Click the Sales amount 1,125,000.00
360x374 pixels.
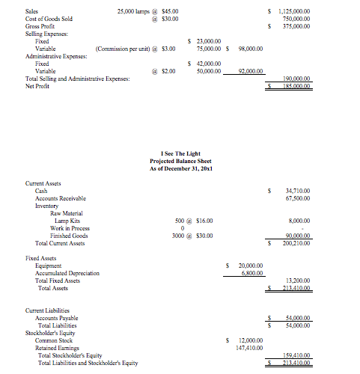(x=295, y=11)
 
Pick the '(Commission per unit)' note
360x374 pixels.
(x=123, y=49)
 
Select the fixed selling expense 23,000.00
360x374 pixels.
(x=207, y=41)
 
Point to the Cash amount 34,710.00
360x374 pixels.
(x=298, y=191)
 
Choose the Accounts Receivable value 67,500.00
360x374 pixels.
(x=298, y=198)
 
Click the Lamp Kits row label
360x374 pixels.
(x=68, y=221)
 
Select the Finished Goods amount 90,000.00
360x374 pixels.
(x=298, y=236)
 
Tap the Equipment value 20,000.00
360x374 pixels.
(x=250, y=266)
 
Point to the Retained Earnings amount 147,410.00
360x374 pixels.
(x=248, y=348)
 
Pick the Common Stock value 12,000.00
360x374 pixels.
(x=250, y=340)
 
